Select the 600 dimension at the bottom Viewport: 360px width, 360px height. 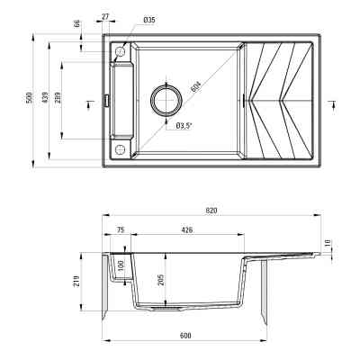tap(185, 336)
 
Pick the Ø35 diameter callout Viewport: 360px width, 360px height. tap(149, 19)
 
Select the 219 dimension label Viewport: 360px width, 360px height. tap(78, 287)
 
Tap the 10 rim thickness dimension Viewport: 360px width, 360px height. tap(328, 243)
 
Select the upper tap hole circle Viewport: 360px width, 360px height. tap(118, 55)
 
